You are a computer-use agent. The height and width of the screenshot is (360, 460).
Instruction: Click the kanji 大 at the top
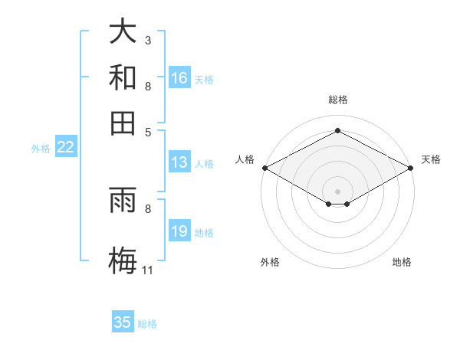[x=123, y=31]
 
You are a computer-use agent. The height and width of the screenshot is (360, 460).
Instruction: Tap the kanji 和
[x=123, y=77]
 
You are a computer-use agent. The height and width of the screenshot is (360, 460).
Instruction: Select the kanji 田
[x=123, y=123]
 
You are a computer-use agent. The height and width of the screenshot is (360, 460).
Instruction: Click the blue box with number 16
[x=179, y=78]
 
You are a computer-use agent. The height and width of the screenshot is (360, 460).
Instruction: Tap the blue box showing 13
[x=179, y=162]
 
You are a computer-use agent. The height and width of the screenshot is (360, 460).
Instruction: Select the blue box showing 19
[x=179, y=232]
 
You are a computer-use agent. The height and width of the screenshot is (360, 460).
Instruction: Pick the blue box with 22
[x=65, y=148]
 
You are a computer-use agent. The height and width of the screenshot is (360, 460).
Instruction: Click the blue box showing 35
[x=123, y=322]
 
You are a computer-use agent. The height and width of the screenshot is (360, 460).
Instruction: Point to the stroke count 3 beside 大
[x=148, y=40]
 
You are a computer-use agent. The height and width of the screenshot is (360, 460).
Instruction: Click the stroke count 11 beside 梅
[x=147, y=270]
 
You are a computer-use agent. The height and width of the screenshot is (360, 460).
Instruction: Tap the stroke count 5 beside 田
[x=148, y=131]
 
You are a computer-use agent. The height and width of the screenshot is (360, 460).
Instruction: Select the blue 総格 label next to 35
[x=147, y=324]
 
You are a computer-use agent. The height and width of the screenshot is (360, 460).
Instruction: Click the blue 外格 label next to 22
[x=41, y=149]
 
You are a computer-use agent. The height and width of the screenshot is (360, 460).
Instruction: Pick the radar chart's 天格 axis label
[x=431, y=159]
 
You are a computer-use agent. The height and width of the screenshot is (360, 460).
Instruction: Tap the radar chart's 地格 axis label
[x=402, y=262]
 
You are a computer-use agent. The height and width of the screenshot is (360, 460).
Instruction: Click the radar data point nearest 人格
[x=264, y=167]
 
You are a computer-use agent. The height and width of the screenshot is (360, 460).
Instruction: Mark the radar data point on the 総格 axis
[x=337, y=130]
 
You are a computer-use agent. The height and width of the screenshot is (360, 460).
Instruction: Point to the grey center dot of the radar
[x=337, y=191]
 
